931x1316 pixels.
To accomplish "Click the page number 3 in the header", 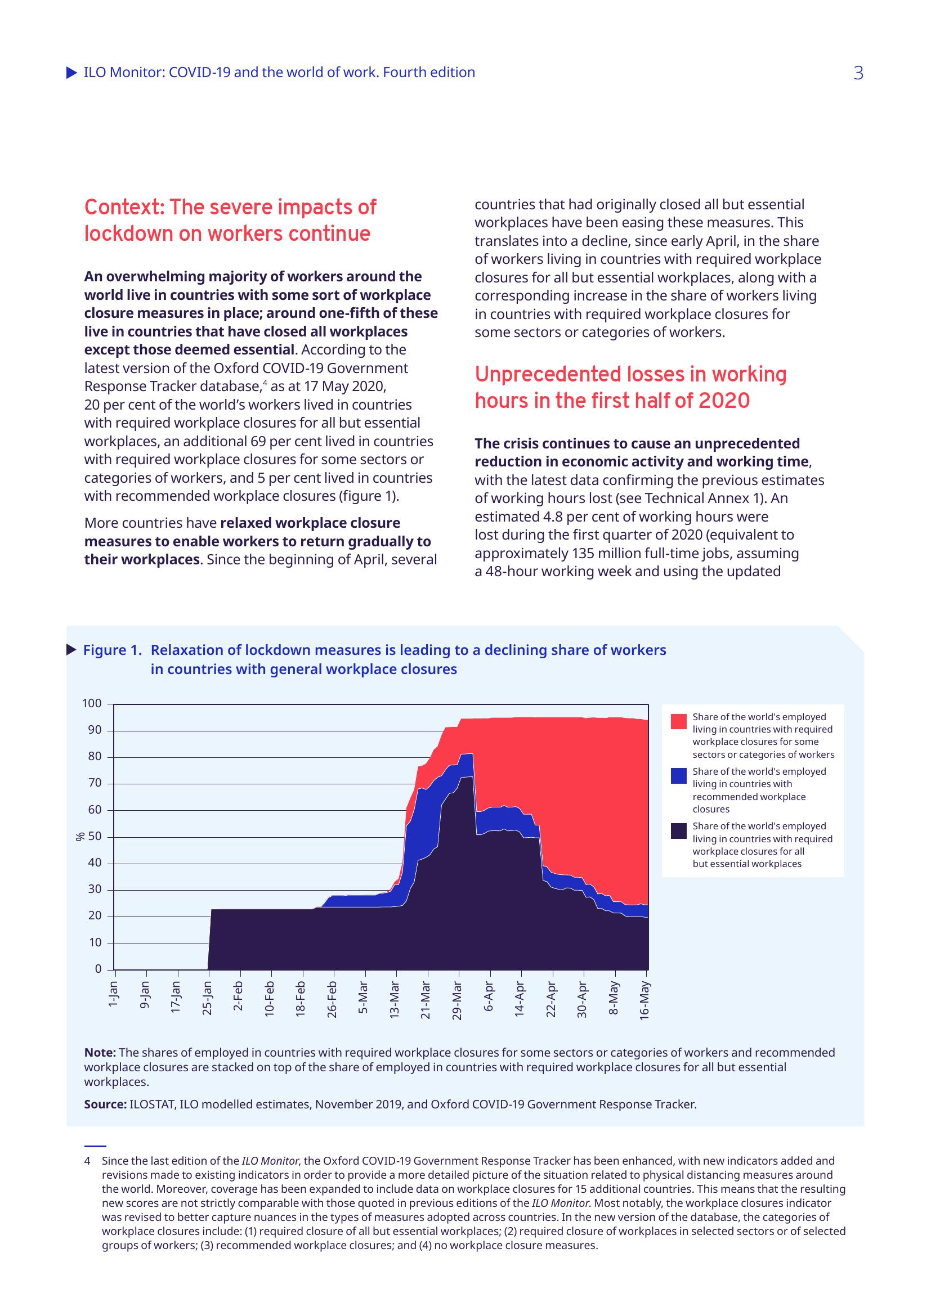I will (858, 73).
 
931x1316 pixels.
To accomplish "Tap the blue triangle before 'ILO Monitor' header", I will (71, 73).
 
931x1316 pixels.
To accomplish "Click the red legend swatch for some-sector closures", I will (678, 722).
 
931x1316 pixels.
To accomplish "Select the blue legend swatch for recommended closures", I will (678, 776).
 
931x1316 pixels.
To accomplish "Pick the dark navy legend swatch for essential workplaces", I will (678, 831).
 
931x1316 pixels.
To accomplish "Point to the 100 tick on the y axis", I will (92, 703).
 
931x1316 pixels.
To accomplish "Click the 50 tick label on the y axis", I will (95, 836).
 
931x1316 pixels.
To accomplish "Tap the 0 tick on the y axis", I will (98, 969).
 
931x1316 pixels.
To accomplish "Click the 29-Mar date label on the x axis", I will (457, 1000).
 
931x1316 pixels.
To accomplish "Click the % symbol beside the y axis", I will (80, 837).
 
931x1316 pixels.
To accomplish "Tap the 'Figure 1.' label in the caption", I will (113, 650).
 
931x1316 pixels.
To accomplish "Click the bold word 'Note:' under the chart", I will (100, 1052).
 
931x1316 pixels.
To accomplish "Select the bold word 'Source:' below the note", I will (105, 1104).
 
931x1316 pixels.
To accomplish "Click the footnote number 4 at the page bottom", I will (87, 1161).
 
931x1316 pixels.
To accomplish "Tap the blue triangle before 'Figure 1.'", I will (71, 649).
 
